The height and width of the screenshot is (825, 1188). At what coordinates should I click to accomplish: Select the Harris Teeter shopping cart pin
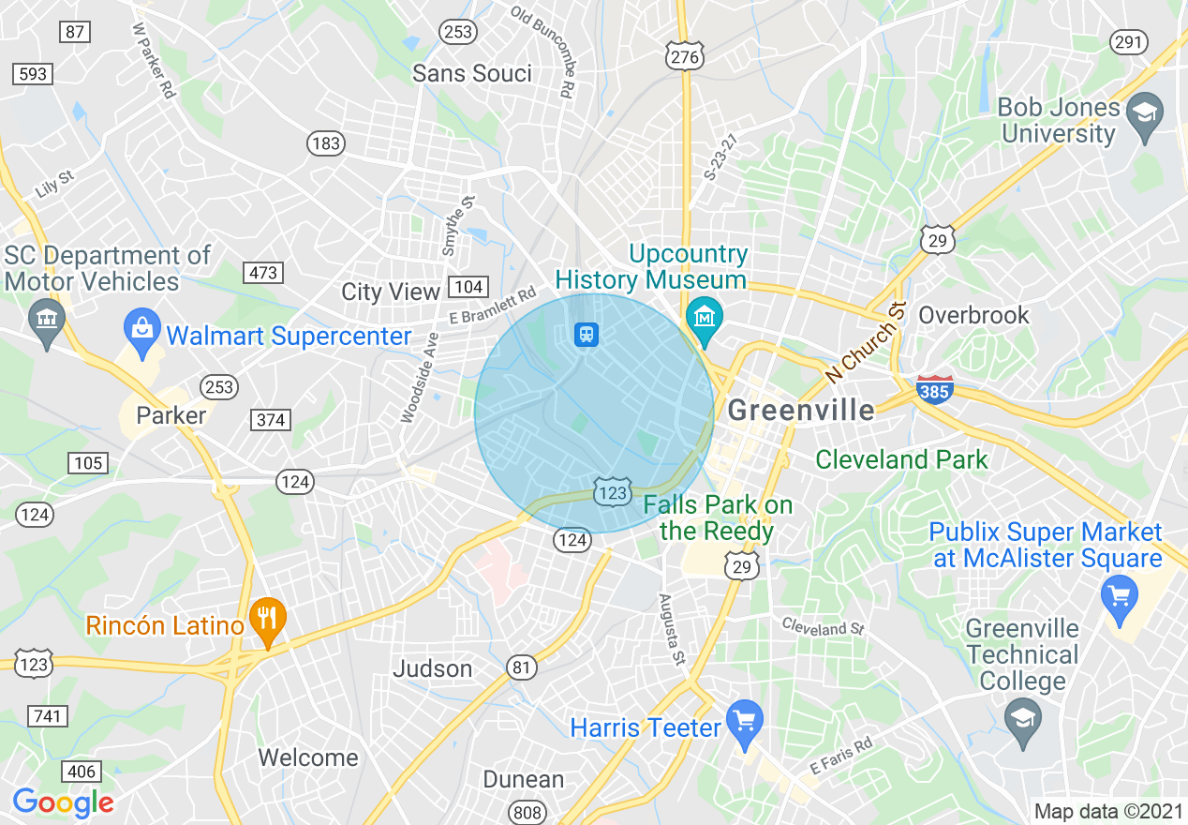(745, 723)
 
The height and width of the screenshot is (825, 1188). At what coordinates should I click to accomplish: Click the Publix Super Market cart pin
(1120, 595)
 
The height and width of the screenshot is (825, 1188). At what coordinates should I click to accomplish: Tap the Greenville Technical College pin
(1022, 721)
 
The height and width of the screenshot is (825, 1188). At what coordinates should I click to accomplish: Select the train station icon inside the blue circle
(587, 334)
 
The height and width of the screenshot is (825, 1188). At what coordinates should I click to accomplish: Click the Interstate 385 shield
(935, 389)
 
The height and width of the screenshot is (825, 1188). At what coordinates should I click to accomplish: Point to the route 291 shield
(1128, 41)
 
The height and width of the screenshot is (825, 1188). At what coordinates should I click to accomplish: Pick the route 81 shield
(522, 667)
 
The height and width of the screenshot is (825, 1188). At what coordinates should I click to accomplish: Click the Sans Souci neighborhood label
(472, 73)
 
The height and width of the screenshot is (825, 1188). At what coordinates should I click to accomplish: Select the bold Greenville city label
(801, 410)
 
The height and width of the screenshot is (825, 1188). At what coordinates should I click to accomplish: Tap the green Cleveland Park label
(901, 459)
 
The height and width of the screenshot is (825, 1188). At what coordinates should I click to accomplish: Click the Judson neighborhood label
(432, 668)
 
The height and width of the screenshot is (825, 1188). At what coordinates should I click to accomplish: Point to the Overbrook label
(973, 315)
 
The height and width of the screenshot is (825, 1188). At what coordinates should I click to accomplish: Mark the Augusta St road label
(672, 629)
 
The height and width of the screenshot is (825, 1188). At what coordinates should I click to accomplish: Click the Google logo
(63, 802)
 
